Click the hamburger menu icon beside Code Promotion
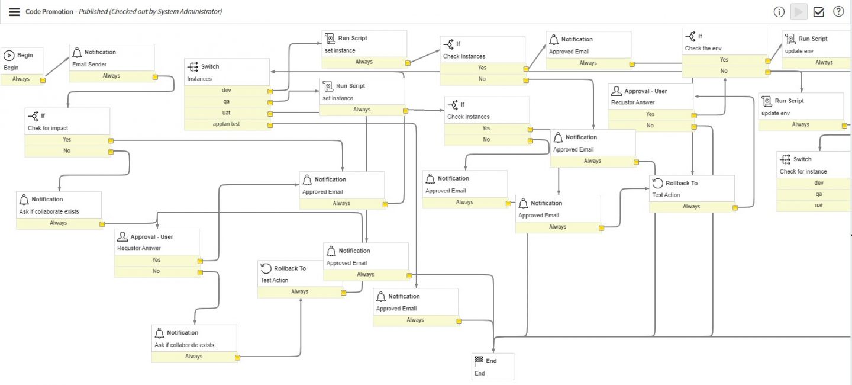click(14, 12)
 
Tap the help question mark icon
click(838, 12)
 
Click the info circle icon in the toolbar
click(779, 12)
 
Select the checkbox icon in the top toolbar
click(819, 12)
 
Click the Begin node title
click(25, 55)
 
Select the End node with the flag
click(492, 366)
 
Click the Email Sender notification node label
click(89, 65)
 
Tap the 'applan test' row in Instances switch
click(227, 124)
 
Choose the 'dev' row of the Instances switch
click(227, 91)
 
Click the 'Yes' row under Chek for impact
click(67, 140)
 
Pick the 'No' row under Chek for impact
click(67, 151)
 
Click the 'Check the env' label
click(703, 49)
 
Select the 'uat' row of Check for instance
click(819, 206)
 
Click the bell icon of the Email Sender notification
click(77, 52)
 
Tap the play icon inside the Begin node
click(9, 55)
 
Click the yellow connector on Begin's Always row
click(43, 79)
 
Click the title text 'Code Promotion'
click(49, 12)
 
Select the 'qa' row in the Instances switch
click(227, 102)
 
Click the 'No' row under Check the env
click(724, 71)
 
